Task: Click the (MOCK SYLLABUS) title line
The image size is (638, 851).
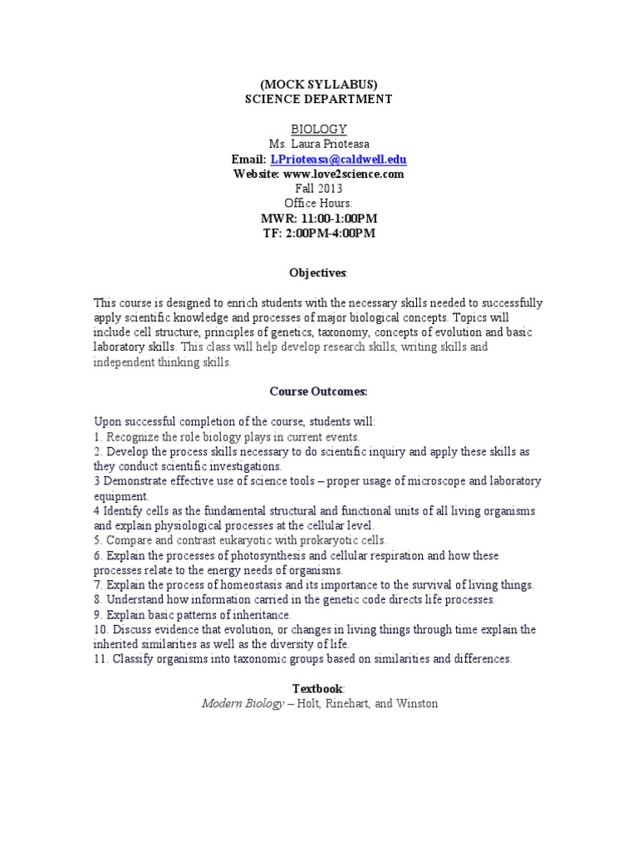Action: pos(318,85)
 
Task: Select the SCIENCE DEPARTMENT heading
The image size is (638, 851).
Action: pos(318,99)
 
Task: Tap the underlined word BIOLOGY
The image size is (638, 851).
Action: pos(318,130)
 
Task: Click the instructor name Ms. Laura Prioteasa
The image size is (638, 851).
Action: pos(318,145)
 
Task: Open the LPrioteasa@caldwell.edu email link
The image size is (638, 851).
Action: pos(337,159)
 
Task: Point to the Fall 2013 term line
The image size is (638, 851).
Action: pos(318,189)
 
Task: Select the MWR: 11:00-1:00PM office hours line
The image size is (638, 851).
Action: pos(318,218)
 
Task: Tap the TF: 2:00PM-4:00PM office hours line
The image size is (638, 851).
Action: pos(318,233)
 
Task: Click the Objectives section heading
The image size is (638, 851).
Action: pos(317,273)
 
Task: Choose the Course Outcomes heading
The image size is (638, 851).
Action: pos(318,391)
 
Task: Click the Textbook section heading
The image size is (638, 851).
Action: pos(317,689)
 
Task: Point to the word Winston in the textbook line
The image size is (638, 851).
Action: pos(415,704)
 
